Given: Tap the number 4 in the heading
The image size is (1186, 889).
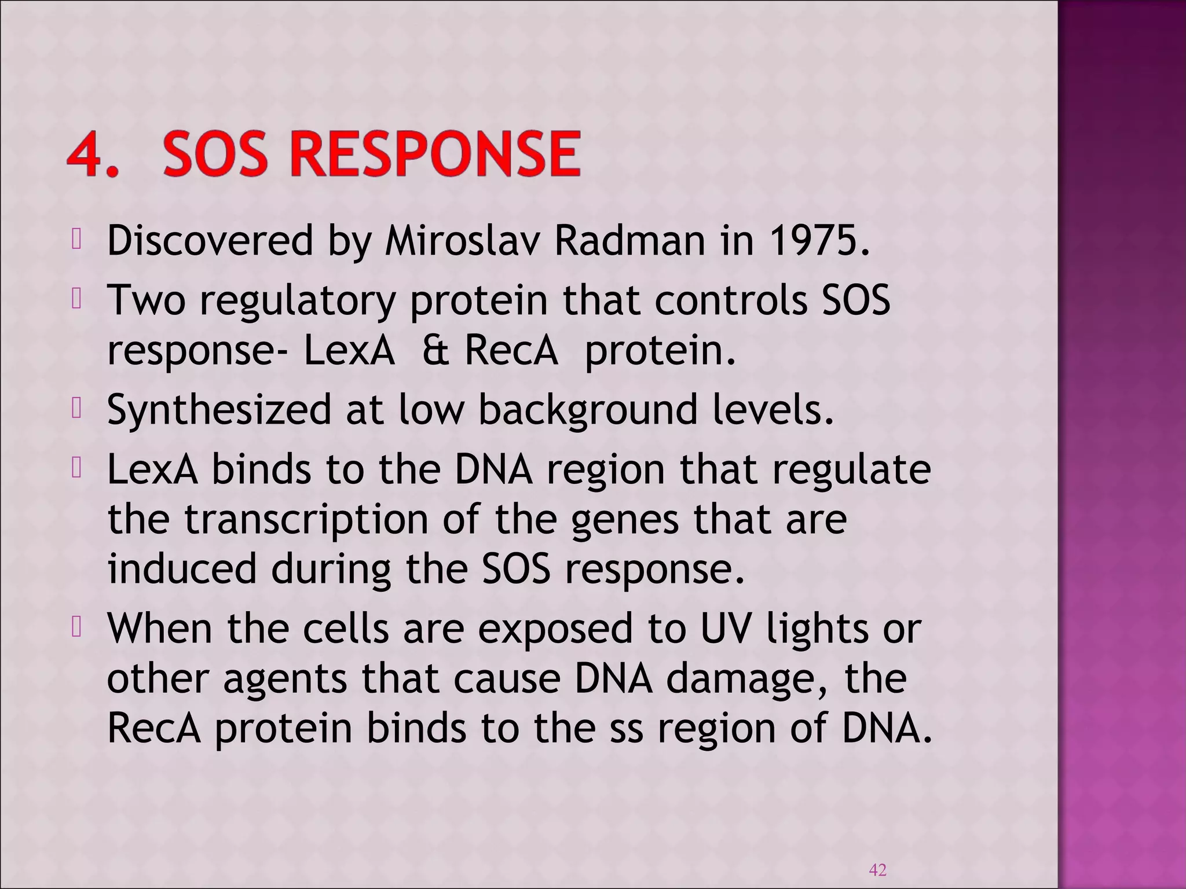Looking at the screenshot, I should click(88, 154).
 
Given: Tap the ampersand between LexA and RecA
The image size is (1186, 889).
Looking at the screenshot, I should click(434, 351).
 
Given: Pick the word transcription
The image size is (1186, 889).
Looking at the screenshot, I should click(307, 519).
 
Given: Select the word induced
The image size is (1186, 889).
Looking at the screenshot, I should click(182, 569).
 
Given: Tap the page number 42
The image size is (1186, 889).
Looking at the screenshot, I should click(878, 869).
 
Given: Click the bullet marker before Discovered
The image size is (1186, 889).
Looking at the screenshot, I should click(76, 240).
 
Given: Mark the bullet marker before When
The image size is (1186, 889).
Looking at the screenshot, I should click(76, 629).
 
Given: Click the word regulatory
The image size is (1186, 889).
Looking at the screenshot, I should click(298, 301).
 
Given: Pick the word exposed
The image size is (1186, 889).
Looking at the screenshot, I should click(555, 629).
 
